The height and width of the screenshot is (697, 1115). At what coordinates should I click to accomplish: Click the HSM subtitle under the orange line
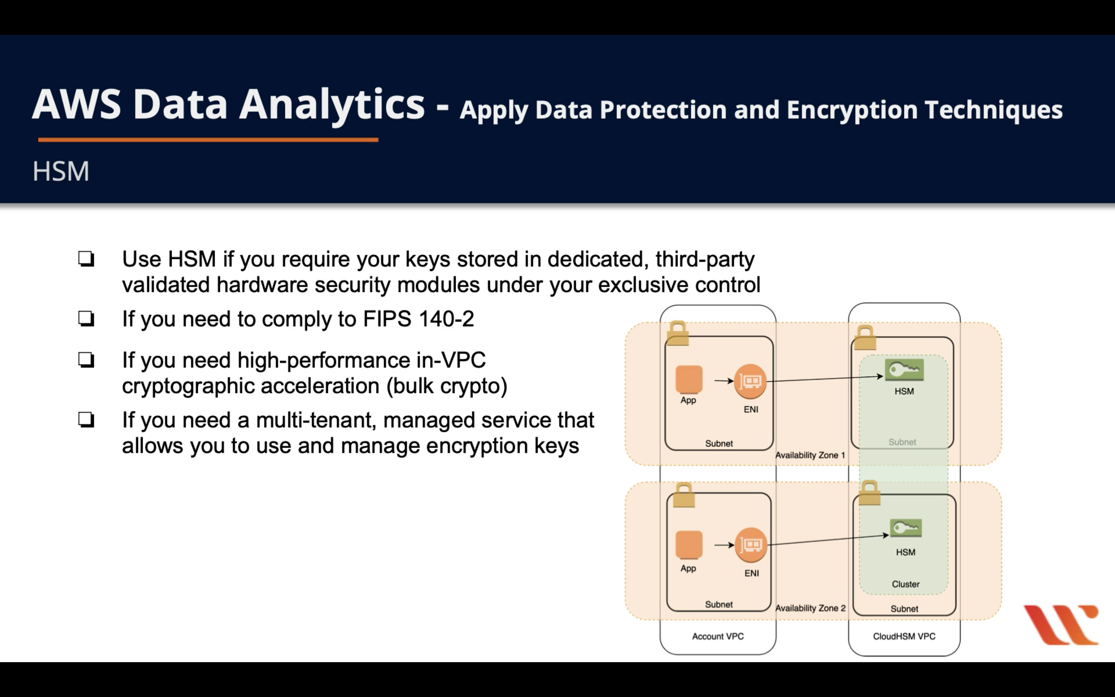coord(60,171)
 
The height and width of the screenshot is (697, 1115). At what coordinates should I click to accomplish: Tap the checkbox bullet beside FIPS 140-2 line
coord(86,319)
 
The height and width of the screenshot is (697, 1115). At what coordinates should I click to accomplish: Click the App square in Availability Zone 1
coord(689,379)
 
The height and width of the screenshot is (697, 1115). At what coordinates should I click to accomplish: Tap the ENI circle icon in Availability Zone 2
coord(751,545)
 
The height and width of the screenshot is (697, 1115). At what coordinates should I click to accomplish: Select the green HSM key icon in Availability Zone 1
coord(904,370)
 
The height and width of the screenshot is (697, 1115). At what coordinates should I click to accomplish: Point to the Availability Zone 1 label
coord(810,455)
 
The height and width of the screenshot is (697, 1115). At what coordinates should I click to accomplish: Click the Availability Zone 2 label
coord(810,608)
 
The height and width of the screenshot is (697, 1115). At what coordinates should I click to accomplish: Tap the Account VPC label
coord(717,636)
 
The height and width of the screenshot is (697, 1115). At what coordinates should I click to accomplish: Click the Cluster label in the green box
coord(905,584)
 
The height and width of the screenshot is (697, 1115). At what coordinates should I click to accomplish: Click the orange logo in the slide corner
coord(1061,624)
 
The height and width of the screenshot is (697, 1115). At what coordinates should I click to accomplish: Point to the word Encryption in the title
coord(852,110)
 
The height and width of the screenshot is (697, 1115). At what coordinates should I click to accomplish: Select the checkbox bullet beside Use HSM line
coord(86,259)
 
